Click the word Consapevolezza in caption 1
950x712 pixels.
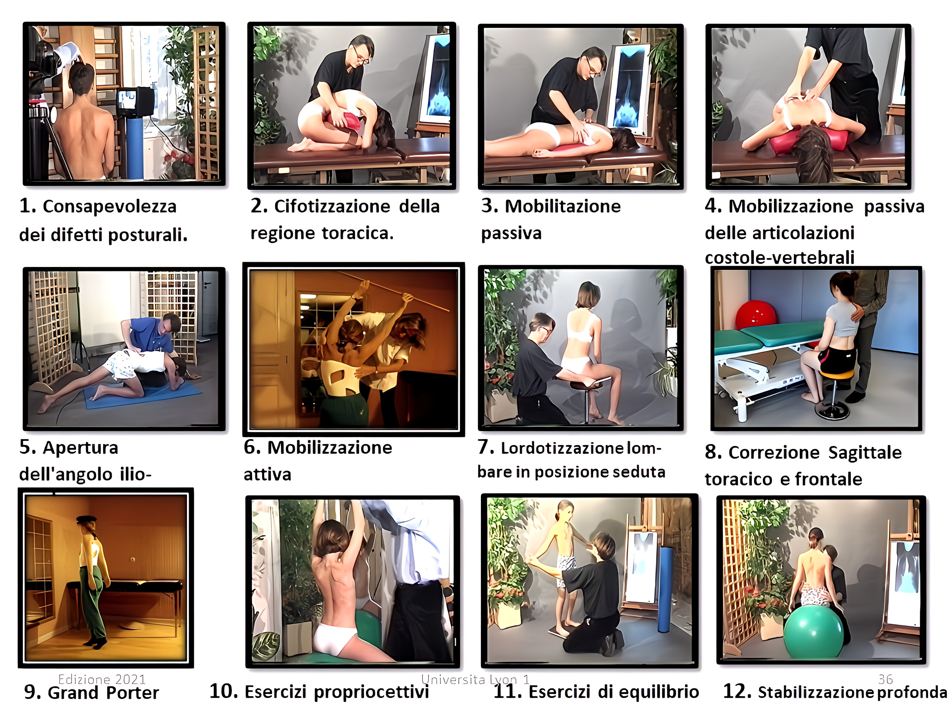pyautogui.click(x=109, y=207)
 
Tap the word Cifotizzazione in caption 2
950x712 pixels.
pyautogui.click(x=332, y=207)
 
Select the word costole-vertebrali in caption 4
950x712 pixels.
pyautogui.click(x=780, y=257)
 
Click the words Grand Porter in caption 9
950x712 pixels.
pyautogui.click(x=103, y=693)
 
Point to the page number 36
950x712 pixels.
pyautogui.click(x=885, y=679)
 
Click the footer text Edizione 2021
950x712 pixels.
pyautogui.click(x=102, y=679)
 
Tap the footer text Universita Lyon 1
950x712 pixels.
pyautogui.click(x=475, y=679)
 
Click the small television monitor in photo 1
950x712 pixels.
pyautogui.click(x=134, y=102)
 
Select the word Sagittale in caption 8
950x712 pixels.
pyautogui.click(x=865, y=453)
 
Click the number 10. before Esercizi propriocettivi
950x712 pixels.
pyautogui.click(x=223, y=691)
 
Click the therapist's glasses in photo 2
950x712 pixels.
pyautogui.click(x=361, y=60)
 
